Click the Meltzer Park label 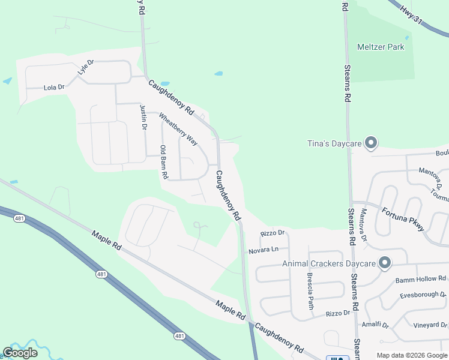[x=381, y=47]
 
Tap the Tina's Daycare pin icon [x=371, y=143]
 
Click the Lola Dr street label [x=54, y=88]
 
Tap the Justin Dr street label [x=143, y=117]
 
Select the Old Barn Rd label [x=163, y=162]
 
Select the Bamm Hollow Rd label [x=420, y=279]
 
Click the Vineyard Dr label [x=430, y=325]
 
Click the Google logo [x=20, y=353]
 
